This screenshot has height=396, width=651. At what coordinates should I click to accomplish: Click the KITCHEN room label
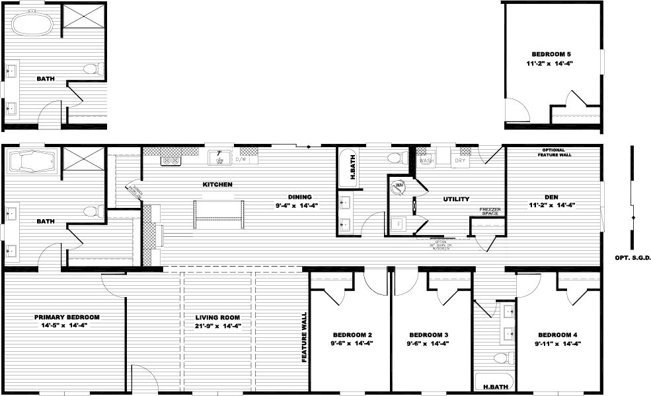[x=217, y=184]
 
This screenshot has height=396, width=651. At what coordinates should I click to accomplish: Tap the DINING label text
[x=299, y=196]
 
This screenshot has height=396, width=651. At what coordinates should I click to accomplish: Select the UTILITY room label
[x=456, y=199]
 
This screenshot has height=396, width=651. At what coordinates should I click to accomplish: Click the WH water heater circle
[x=399, y=185]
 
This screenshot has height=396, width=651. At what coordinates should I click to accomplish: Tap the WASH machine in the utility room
[x=426, y=160]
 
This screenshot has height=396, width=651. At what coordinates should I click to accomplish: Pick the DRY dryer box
[x=460, y=160]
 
